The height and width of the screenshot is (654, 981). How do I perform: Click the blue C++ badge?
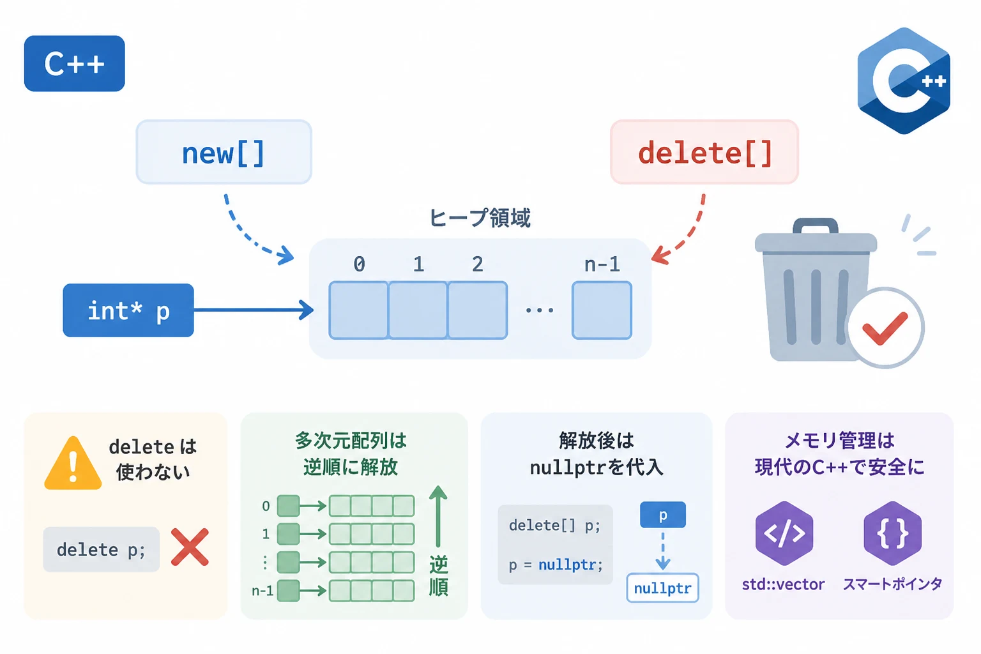click(75, 63)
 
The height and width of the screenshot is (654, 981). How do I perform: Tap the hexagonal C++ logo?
click(904, 81)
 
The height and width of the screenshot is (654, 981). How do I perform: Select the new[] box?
click(224, 152)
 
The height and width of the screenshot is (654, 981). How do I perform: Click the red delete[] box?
click(704, 152)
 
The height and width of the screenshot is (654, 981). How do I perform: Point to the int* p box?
click(128, 310)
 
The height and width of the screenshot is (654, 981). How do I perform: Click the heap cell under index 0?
click(359, 310)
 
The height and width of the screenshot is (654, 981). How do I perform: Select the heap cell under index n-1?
click(602, 310)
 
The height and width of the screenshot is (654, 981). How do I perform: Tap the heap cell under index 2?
click(478, 310)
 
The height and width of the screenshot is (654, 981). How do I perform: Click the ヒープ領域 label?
click(480, 218)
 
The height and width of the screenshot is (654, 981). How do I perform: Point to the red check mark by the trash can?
click(885, 328)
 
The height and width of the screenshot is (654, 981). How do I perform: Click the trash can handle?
click(816, 226)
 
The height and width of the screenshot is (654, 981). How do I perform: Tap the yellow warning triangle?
click(73, 463)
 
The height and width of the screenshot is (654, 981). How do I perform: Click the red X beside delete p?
click(190, 547)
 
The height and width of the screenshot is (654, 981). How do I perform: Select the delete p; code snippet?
click(101, 549)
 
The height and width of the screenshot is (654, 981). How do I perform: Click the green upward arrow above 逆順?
click(438, 516)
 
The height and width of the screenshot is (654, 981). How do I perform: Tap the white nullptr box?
click(662, 588)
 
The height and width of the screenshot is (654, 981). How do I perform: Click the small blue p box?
click(663, 515)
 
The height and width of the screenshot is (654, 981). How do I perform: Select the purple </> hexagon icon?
click(784, 533)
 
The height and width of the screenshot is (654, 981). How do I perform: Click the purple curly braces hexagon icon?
click(892, 533)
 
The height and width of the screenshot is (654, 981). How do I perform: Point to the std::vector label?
click(784, 584)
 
